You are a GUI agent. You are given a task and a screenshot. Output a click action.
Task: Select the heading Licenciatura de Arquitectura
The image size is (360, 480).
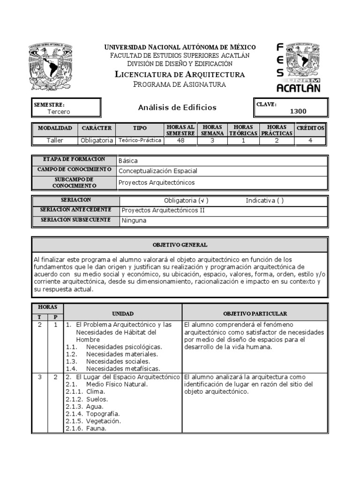[x=180, y=75]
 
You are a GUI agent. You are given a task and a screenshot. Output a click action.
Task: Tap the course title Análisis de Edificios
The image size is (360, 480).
[x=177, y=107]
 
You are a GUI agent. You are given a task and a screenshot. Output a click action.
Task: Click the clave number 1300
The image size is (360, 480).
[x=298, y=111]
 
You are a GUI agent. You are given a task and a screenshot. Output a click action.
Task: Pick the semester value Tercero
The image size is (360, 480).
[x=59, y=112]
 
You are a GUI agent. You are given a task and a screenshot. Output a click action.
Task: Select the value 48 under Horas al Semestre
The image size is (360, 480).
[x=180, y=140]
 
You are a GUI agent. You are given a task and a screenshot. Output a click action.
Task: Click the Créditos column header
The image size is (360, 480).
[x=310, y=128]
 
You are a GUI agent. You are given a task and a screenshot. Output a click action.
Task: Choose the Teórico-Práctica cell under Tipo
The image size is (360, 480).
[x=140, y=140]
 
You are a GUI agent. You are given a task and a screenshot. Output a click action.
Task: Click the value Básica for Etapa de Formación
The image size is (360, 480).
[x=128, y=160]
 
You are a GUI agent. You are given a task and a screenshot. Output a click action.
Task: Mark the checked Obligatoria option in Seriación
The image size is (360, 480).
[x=186, y=201]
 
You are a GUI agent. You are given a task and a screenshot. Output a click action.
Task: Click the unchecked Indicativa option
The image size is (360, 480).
[x=264, y=201]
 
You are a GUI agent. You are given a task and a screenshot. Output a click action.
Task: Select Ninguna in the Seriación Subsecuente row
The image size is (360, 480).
[x=134, y=220]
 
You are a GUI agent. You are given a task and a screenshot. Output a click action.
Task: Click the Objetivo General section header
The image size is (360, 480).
[x=180, y=245]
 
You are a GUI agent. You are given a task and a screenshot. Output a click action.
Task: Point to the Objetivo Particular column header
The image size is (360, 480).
[x=255, y=313]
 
